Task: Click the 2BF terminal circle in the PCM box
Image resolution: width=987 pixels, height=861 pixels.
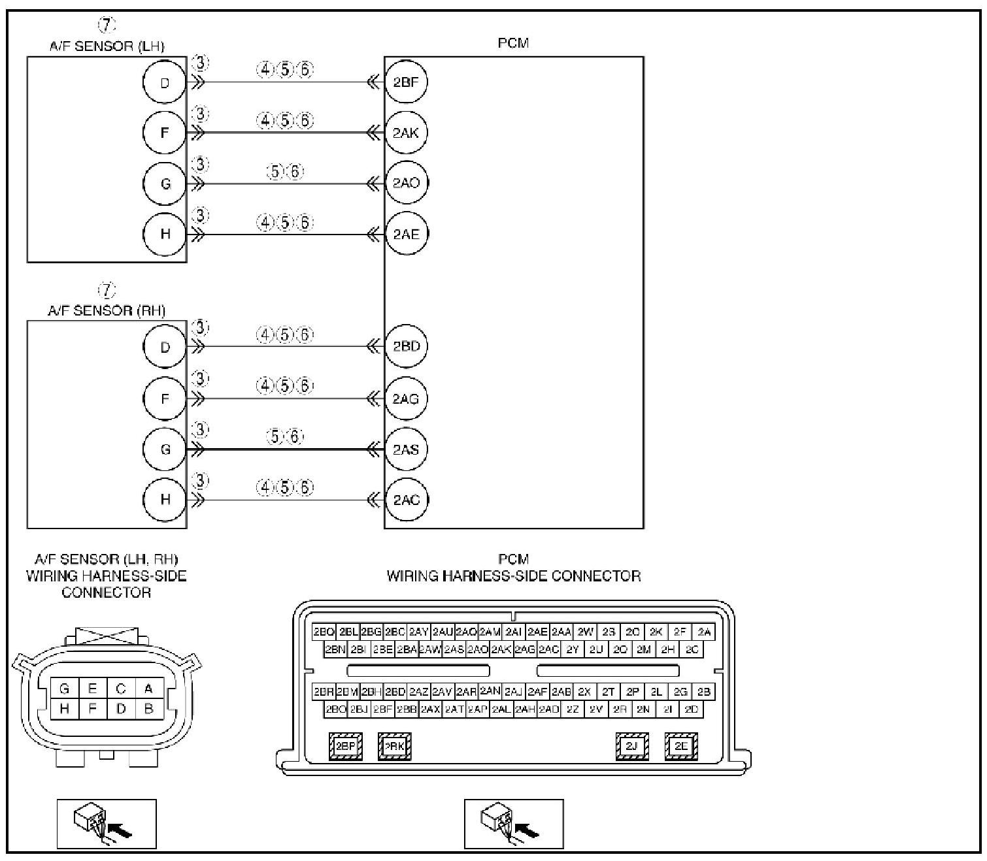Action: tap(406, 82)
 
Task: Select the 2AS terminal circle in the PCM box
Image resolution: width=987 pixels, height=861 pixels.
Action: tap(406, 449)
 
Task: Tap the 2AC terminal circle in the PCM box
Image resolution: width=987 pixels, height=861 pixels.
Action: tap(406, 500)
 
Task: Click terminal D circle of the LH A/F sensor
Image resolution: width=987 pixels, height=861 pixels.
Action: tap(165, 82)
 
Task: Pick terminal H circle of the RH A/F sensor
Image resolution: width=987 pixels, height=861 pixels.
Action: tap(165, 500)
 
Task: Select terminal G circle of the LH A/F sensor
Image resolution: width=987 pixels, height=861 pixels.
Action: tap(165, 184)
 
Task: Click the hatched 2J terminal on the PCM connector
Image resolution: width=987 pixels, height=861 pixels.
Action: tap(632, 746)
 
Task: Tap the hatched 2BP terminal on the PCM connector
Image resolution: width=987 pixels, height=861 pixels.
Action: tap(345, 746)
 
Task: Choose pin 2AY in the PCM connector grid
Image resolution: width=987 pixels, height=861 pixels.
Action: tap(418, 632)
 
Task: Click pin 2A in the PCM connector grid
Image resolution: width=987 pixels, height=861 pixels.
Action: tap(704, 632)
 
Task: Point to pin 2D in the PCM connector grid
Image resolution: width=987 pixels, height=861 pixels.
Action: tap(692, 709)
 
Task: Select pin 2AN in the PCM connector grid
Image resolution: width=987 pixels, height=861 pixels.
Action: tap(490, 690)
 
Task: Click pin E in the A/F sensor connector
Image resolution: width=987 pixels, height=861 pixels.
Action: tap(93, 689)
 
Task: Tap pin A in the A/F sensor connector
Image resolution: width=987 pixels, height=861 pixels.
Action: tap(148, 689)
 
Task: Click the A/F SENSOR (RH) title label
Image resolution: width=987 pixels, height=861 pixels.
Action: tap(107, 310)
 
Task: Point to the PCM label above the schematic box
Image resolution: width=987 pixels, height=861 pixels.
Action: tap(513, 44)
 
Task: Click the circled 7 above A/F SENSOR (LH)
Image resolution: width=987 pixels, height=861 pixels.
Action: tap(107, 25)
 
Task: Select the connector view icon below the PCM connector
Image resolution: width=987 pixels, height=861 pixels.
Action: tap(514, 824)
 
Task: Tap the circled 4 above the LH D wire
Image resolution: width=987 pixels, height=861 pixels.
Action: tap(265, 71)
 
